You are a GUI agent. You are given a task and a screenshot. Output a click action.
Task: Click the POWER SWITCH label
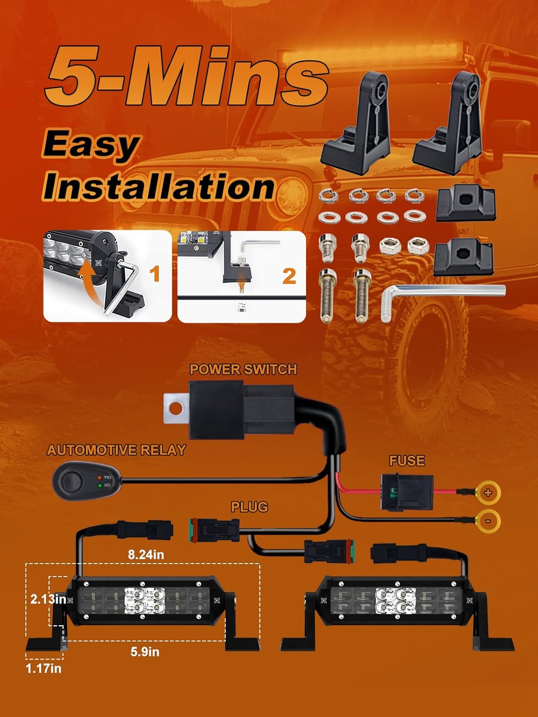[243, 369]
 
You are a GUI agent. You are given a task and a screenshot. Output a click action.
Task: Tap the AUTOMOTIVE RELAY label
[116, 450]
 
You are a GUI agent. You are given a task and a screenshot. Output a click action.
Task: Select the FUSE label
[407, 460]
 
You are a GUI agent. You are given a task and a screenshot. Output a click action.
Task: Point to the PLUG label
[249, 507]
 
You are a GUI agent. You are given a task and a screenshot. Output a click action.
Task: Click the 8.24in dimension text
[146, 554]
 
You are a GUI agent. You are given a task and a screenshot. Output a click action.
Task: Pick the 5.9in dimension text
[145, 652]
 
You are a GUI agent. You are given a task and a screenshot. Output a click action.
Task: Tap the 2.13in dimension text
[48, 598]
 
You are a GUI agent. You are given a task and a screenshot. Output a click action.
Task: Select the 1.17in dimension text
[44, 668]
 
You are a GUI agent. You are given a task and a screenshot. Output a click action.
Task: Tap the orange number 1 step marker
[154, 274]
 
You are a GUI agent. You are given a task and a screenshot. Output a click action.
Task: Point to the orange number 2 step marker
[289, 276]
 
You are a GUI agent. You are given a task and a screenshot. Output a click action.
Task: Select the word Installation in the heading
[159, 186]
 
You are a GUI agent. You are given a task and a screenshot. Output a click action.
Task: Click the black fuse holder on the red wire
[406, 492]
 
